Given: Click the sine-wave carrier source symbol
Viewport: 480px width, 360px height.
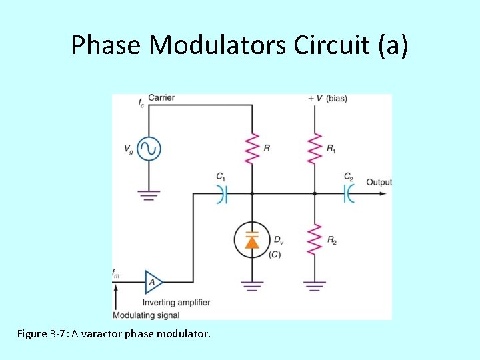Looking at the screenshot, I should [x=147, y=148].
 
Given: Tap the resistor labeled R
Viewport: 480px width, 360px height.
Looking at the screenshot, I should [x=252, y=148].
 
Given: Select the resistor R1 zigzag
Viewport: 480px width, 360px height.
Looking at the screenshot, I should [x=315, y=148].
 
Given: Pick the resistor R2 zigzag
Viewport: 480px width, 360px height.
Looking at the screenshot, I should [x=315, y=239].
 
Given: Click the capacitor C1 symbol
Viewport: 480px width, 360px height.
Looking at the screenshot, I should [x=223, y=194].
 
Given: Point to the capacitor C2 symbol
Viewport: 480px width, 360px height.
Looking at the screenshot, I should [x=348, y=194].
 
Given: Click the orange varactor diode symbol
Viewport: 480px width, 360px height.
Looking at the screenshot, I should [x=252, y=240].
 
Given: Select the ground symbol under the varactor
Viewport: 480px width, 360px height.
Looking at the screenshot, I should [x=252, y=286].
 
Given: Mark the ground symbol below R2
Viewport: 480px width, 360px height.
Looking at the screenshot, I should [x=315, y=286].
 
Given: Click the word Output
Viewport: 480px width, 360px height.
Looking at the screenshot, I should [x=379, y=182].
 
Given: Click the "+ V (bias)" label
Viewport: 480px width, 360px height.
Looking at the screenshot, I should [x=327, y=99].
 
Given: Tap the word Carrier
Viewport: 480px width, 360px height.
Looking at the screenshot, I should [x=161, y=98].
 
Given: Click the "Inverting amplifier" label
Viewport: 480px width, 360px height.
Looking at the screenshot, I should [x=177, y=302].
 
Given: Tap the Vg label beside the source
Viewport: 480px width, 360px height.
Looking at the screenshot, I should [x=129, y=149].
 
